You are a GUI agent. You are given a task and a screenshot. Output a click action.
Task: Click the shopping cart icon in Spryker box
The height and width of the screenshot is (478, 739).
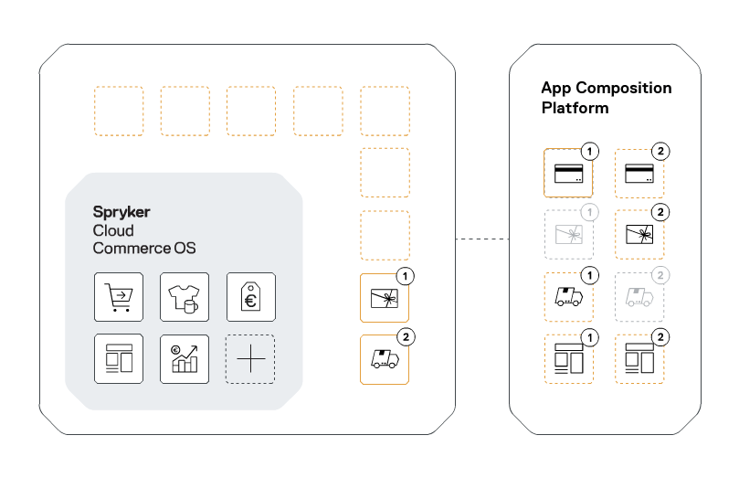pyautogui.click(x=119, y=297)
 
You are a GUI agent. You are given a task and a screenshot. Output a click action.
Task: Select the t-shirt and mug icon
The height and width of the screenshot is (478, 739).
pyautogui.click(x=185, y=297)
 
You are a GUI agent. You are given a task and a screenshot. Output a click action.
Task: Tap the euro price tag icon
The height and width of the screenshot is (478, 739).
pyautogui.click(x=250, y=297)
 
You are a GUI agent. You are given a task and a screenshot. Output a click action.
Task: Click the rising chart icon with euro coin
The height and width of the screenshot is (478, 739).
pyautogui.click(x=185, y=359)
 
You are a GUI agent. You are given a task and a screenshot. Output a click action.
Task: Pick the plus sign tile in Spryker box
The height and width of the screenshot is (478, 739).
pyautogui.click(x=250, y=359)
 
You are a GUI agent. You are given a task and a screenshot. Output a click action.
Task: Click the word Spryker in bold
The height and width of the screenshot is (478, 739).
pyautogui.click(x=121, y=211)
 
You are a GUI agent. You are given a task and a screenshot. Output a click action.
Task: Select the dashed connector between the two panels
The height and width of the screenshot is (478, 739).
pyautogui.click(x=481, y=239)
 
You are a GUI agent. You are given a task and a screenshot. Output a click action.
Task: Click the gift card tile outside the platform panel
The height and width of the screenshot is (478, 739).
pyautogui.click(x=385, y=298)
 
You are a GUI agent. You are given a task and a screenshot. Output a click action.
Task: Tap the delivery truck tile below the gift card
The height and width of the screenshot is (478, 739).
pyautogui.click(x=385, y=360)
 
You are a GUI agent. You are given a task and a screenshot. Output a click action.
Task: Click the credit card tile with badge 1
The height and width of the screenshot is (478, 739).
pyautogui.click(x=568, y=173)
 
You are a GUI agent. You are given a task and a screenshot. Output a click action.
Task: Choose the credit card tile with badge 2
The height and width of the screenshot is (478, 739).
pyautogui.click(x=639, y=174)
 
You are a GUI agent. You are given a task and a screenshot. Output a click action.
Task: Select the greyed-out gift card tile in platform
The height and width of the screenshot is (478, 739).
pyautogui.click(x=568, y=235)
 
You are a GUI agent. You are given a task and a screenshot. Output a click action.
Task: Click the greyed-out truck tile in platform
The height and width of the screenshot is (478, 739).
pyautogui.click(x=639, y=297)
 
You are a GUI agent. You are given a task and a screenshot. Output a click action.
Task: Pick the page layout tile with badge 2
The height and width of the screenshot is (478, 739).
pyautogui.click(x=639, y=359)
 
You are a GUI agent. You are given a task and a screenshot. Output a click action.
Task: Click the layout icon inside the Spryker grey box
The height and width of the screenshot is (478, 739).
pyautogui.click(x=119, y=359)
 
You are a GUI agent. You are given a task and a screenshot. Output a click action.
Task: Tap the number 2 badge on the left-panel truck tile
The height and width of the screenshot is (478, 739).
pyautogui.click(x=407, y=337)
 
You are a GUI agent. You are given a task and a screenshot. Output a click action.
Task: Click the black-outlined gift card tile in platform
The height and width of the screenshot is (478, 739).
pyautogui.click(x=639, y=235)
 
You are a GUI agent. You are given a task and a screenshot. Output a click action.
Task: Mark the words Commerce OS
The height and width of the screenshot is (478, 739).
pyautogui.click(x=144, y=248)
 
